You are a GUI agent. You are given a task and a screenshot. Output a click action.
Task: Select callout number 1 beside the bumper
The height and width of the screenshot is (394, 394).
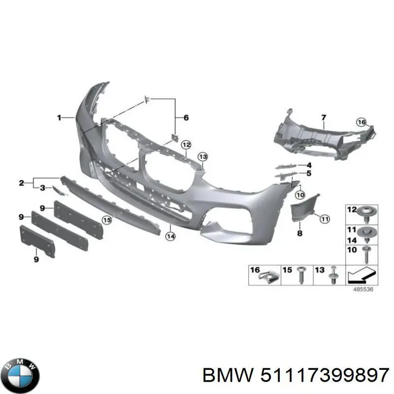tap(59, 117)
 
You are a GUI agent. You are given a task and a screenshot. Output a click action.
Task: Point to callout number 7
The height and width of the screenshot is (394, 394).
tap(324, 117)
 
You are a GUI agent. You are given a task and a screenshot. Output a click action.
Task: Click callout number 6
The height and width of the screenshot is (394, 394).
tap(186, 117)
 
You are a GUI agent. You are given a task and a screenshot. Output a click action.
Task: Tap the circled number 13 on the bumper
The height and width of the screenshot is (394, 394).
tap(203, 157)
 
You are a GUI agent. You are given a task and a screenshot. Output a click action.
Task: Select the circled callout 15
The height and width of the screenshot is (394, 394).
tap(107, 219)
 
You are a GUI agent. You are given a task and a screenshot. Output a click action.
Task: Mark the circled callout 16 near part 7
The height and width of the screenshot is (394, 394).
tap(362, 122)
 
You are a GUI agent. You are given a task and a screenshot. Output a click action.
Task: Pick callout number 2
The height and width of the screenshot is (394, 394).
tap(21, 183)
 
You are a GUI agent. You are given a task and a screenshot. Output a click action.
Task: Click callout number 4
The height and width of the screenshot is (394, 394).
tap(308, 164)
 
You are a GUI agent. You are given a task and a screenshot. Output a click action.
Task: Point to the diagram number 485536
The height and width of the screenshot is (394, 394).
tap(363, 289)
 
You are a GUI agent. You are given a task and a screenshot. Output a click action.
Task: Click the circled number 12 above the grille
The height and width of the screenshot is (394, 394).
tap(186, 145)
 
